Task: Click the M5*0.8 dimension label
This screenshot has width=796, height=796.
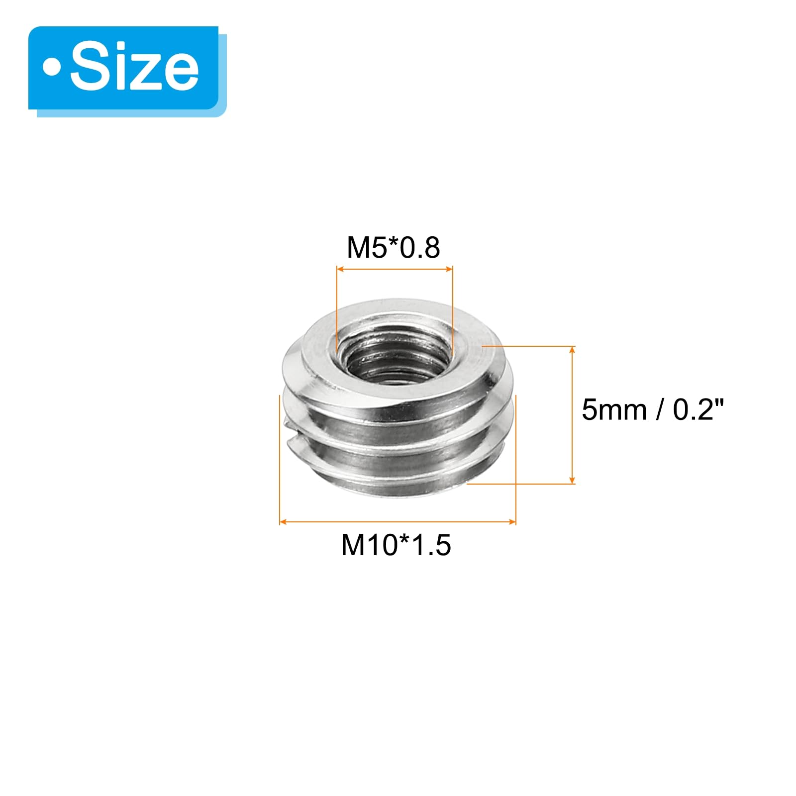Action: coord(393,248)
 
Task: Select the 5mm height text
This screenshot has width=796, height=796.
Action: coord(614,410)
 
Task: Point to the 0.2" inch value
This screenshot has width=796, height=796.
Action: coord(698,410)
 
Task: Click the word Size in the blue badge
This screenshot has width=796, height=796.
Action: coord(134,68)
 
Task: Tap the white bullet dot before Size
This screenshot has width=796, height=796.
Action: coord(51,68)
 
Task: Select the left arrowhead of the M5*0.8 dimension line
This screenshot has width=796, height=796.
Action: coord(340,269)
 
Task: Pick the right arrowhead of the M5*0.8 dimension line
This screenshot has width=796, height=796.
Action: coord(449,269)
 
